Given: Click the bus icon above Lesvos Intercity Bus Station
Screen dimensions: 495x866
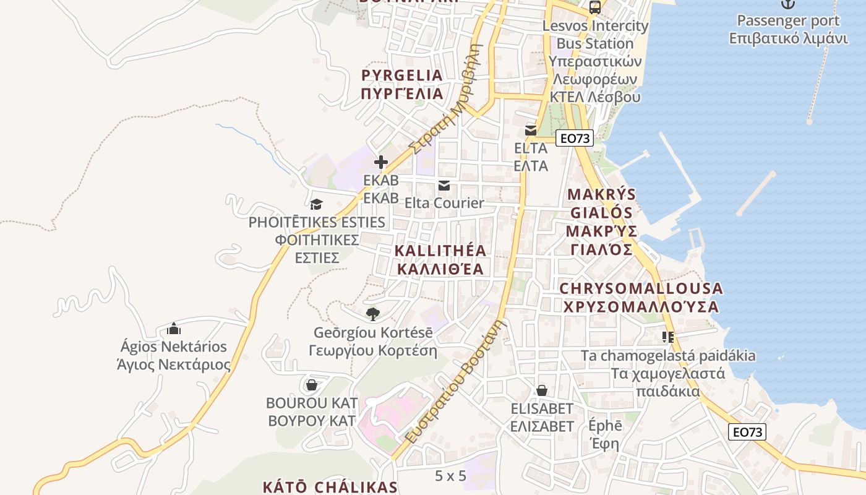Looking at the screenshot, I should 594,7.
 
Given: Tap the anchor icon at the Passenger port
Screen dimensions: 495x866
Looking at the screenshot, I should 787,4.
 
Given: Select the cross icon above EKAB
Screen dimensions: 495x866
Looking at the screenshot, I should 381,163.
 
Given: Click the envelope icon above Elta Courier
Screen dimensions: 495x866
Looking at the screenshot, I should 444,186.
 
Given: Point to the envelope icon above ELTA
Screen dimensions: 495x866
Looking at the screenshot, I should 531,131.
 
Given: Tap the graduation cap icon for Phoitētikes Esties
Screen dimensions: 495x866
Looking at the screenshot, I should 316,204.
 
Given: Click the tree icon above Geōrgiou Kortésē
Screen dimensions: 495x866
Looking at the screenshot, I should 372,314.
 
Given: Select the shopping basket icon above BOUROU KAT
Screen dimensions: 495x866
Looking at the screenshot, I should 312,385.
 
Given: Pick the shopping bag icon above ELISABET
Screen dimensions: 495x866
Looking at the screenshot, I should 542,391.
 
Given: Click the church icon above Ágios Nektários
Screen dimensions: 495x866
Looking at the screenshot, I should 174,329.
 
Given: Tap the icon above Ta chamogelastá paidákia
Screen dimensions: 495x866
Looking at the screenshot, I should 667,337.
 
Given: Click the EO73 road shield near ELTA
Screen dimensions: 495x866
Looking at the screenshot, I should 575,139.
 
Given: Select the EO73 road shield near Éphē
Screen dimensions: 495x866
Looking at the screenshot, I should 747,432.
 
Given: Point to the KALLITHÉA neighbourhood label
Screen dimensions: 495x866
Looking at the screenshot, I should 440,260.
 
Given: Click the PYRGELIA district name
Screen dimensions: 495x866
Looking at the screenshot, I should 403,85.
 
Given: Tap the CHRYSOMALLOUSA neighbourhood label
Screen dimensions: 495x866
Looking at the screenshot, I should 641,298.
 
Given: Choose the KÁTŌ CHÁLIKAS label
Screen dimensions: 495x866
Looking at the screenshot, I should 330,487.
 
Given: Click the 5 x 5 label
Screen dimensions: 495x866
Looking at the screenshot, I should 450,476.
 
